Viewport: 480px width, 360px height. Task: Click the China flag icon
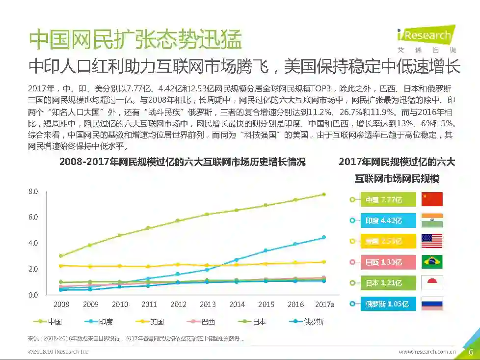[432, 199]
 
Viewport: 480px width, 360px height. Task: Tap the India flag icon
[432, 221]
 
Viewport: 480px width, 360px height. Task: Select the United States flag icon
[432, 241]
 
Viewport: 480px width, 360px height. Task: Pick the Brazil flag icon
[432, 262]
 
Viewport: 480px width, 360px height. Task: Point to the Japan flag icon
[432, 283]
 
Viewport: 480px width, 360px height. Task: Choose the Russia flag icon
[432, 304]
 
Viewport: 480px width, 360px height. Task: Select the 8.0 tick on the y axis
[33, 191]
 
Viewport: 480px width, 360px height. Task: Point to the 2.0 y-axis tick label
[33, 269]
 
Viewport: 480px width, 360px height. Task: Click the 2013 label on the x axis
[208, 305]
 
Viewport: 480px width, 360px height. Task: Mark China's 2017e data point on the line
[323, 194]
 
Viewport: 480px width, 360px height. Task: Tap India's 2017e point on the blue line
[323, 237]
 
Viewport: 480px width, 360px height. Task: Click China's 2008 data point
[60, 256]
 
